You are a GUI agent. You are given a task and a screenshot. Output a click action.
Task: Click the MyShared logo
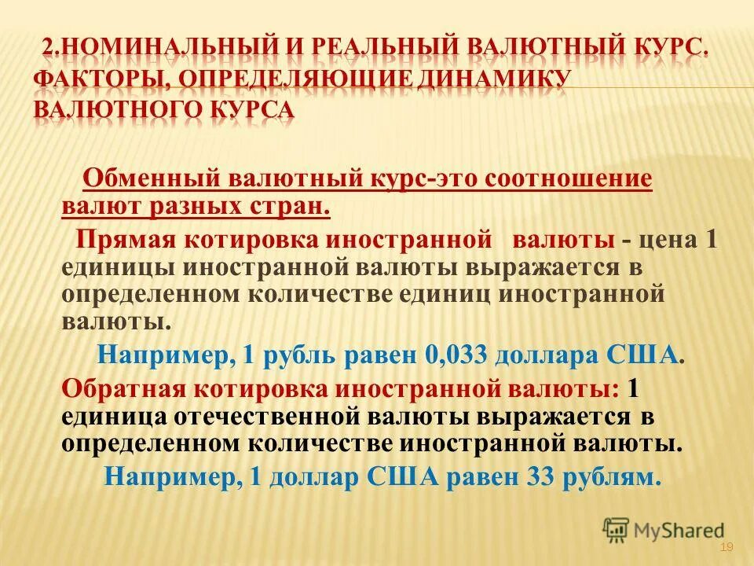tap(664, 531)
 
